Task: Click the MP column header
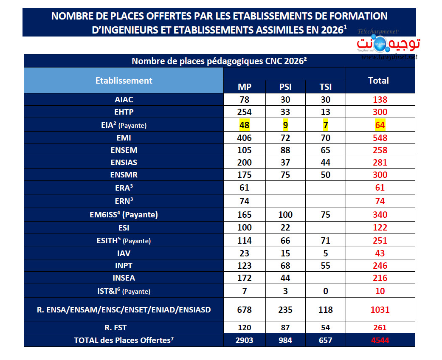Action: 245,87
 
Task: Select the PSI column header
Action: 285,87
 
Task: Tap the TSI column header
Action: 325,87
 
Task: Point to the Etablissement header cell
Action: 124,80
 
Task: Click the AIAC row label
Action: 124,100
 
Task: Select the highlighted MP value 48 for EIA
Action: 245,125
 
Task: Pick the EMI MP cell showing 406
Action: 245,138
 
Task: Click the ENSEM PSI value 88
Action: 285,150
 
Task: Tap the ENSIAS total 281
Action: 380,163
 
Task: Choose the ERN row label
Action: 124,201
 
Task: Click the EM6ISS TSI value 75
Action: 325,215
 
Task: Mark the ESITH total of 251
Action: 380,241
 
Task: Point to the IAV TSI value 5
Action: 325,253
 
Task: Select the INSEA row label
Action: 124,278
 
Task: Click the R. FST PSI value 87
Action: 285,327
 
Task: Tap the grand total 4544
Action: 380,340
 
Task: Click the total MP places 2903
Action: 245,340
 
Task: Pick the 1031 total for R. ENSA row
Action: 380,309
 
